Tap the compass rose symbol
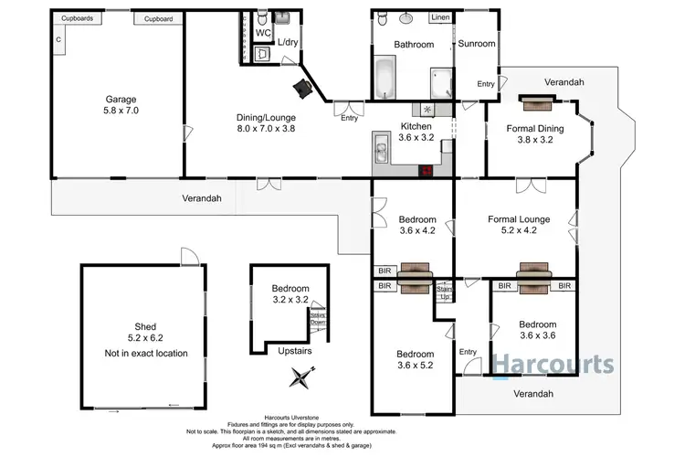(301, 377)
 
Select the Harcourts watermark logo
(553, 364)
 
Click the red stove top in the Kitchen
(425, 169)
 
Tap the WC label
(263, 33)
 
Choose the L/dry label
(288, 43)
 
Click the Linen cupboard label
(440, 17)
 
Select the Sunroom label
(476, 43)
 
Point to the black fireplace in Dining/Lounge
(302, 87)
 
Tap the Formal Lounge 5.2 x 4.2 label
(517, 225)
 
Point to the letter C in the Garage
(58, 39)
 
